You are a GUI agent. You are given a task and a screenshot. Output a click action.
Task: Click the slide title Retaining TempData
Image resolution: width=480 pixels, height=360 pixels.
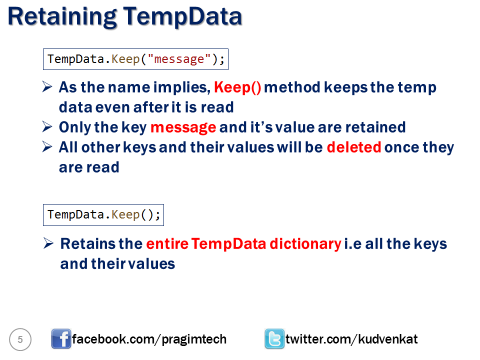125,17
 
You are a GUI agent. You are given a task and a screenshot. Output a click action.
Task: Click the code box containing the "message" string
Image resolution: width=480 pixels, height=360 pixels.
136,59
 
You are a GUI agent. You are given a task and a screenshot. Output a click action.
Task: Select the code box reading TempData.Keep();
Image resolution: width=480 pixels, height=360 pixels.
103,215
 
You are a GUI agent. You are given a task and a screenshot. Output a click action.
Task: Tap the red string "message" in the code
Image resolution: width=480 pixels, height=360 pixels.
179,59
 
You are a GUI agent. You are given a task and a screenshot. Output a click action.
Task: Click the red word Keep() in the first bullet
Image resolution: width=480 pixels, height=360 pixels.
237,87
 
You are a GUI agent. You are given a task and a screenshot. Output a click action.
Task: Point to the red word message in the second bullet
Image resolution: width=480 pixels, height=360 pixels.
183,127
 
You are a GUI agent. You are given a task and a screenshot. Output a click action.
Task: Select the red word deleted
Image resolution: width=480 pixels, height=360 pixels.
353,147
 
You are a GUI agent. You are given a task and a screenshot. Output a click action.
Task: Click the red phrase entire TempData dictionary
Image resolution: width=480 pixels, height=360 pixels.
243,244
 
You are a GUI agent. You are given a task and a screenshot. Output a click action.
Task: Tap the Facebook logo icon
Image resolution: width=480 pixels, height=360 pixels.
61,339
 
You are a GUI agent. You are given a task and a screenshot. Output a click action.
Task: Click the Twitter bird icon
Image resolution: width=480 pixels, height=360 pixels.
274,339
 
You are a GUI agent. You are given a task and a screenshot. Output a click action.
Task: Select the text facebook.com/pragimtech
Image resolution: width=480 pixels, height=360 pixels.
149,339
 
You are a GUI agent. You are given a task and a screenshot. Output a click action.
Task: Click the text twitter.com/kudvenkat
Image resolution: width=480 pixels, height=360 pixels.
351,339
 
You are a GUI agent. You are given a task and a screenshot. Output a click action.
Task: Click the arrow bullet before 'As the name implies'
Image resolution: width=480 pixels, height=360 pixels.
48,87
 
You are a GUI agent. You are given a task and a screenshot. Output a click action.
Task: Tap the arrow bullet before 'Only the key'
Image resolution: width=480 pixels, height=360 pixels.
48,127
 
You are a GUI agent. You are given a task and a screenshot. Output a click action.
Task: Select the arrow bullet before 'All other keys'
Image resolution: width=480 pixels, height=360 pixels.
48,147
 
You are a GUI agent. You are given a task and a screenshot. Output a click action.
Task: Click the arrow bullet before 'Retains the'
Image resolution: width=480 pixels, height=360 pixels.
48,244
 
